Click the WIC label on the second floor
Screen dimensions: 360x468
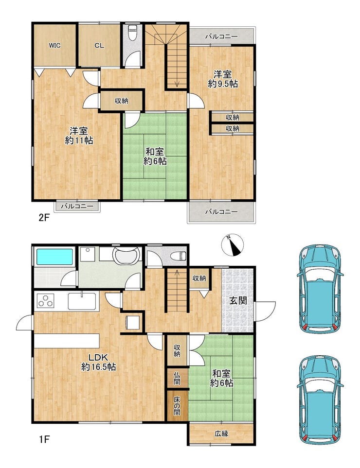click(54, 46)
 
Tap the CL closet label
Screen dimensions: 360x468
click(99, 46)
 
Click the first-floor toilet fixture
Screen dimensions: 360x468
click(179, 256)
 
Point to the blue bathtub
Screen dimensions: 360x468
click(55, 257)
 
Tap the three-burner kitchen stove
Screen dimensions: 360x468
click(45, 301)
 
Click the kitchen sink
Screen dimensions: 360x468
click(82, 301)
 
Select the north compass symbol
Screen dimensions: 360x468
click(233, 245)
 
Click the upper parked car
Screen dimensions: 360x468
click(320, 289)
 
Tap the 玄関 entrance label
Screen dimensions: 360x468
click(238, 300)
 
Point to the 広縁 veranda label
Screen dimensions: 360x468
click(221, 433)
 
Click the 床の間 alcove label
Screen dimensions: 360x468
click(177, 406)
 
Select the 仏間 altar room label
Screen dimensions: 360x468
click(177, 378)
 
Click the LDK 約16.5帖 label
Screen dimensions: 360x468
click(99, 362)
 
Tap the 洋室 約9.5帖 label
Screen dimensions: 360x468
click(223, 79)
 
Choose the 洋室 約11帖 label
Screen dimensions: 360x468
click(79, 136)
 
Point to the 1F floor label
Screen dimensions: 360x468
click(44, 439)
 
